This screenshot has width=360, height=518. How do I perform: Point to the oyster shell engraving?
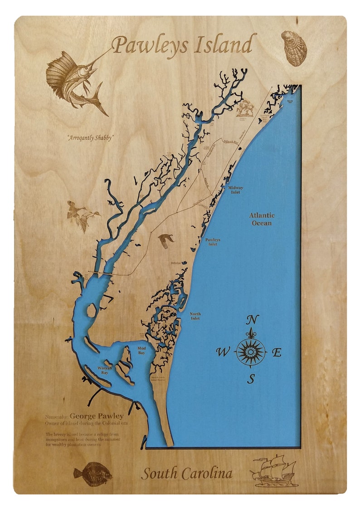[x=294, y=48]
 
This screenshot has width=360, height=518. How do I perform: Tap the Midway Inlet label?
[x=235, y=190]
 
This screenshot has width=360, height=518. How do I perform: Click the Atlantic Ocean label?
[x=262, y=219]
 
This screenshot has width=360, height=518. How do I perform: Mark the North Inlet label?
[x=195, y=316]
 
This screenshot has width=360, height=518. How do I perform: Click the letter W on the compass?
[x=223, y=352]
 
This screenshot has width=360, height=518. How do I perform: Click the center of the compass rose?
[x=251, y=352]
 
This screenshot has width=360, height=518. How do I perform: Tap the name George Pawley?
[x=97, y=416]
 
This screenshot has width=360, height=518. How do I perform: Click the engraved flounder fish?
[x=93, y=472]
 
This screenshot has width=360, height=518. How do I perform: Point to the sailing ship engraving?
[x=274, y=470]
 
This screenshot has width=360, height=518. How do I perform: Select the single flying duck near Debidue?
[x=166, y=240]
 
